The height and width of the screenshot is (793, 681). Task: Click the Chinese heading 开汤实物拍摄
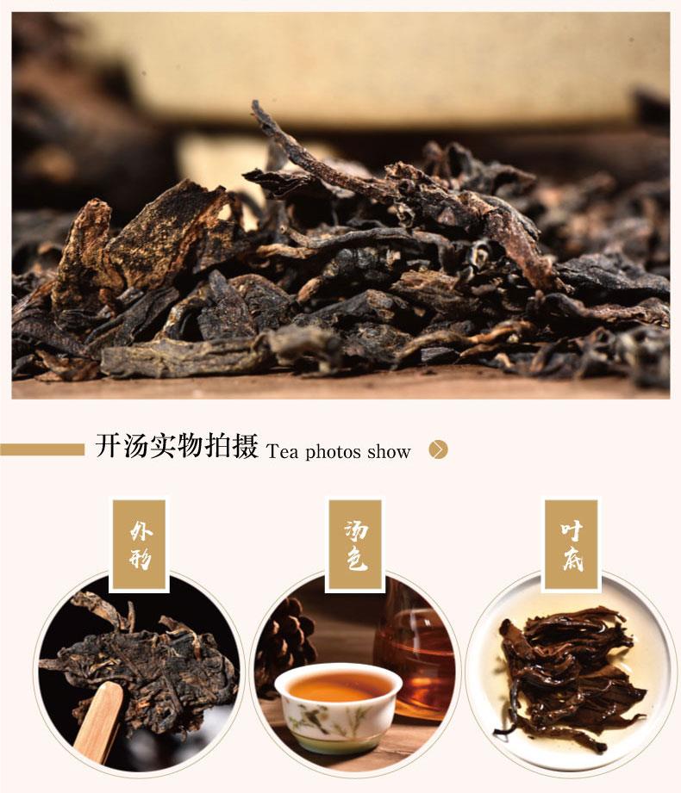coord(177,446)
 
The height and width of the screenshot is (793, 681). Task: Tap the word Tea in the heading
coord(282,451)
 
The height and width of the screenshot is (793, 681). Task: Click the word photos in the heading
coord(333,451)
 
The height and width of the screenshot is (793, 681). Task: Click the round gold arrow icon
coord(439,449)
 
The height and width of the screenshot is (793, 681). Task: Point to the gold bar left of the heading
coord(42,449)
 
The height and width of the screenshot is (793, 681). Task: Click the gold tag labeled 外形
coord(140,544)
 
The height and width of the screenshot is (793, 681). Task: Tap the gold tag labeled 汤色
coord(355,544)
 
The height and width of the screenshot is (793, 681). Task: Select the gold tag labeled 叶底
coord(572,544)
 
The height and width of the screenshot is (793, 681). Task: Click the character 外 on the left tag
coord(141,530)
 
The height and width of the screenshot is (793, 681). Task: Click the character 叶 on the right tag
coord(572,530)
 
